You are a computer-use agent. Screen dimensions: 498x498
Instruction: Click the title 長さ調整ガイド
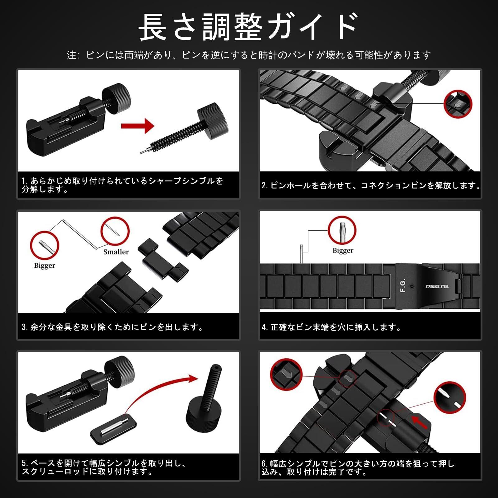pos(248,27)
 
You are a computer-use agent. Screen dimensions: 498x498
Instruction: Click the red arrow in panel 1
pos(138,126)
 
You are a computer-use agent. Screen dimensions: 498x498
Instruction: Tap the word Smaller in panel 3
pos(116,252)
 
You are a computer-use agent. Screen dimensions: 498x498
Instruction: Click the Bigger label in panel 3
pos(45,265)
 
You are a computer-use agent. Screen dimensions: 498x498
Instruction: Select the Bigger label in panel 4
pos(343,251)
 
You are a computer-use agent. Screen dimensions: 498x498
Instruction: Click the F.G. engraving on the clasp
pos(403,285)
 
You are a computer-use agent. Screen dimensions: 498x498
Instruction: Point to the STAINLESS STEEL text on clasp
pos(437,286)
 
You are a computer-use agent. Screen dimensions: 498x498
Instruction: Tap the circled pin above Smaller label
pos(115,231)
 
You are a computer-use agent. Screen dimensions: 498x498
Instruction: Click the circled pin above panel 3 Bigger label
pos(45,246)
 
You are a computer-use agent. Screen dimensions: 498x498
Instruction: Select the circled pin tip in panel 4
pos(342,230)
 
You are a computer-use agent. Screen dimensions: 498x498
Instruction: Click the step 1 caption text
pos(122,185)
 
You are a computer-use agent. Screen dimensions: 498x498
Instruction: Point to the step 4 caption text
pos(331,327)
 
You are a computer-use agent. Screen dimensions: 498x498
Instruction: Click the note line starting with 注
pos(249,55)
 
